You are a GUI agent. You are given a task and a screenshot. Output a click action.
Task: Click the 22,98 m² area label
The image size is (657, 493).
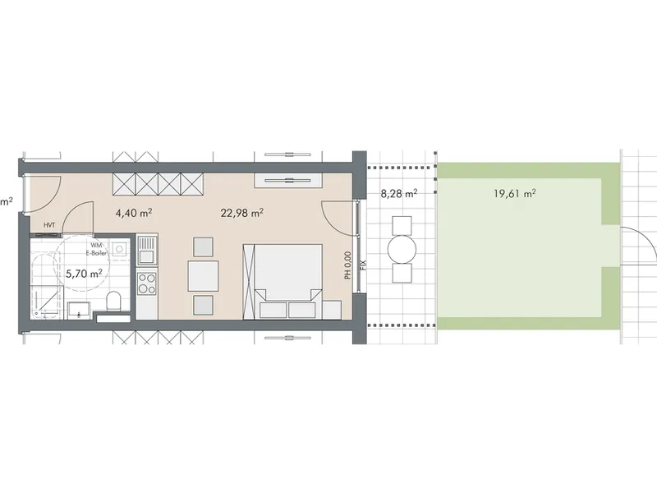coord(241,213)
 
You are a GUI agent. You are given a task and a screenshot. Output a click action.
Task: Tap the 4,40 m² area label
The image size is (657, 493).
coord(134,213)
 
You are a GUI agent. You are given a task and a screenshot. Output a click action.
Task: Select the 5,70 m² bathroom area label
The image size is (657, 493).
coord(84,274)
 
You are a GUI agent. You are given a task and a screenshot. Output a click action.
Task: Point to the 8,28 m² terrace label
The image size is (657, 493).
coord(398,194)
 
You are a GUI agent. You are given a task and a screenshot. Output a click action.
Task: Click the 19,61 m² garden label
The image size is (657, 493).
coord(515,194)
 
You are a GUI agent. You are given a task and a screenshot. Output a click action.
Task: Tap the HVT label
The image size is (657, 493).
coord(49,225)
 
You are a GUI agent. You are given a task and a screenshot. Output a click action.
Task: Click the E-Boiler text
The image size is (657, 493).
coord(96,253)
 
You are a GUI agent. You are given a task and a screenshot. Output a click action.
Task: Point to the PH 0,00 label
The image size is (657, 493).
coord(347,265)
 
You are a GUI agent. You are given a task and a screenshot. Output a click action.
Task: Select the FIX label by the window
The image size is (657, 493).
coord(363,265)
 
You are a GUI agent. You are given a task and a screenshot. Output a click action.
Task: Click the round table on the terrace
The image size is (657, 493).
coord(402,251)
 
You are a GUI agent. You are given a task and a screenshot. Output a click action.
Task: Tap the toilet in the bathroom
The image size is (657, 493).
coord(113,301)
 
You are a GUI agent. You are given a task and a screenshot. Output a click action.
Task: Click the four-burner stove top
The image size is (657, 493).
coord(147,283)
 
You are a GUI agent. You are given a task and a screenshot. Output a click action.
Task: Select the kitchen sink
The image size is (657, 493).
coord(147,249)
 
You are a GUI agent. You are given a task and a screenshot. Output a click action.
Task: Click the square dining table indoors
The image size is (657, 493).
coord(203,276)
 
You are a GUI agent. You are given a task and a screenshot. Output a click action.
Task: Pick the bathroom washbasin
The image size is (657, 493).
coord(79,310)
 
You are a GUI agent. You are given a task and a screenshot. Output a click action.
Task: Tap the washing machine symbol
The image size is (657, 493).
coord(119,250)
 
